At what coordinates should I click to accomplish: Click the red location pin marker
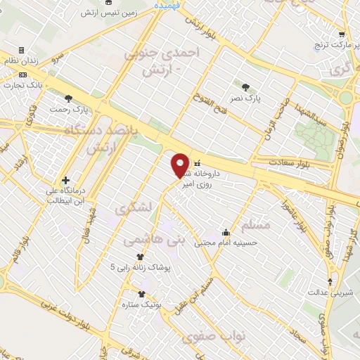(180, 165)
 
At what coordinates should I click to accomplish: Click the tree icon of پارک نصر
(245, 87)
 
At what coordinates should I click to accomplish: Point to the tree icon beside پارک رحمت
(69, 98)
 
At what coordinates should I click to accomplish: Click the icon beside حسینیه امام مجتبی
(226, 232)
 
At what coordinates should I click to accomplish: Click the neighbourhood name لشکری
(133, 210)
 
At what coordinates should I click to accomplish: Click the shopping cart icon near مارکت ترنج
(342, 34)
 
